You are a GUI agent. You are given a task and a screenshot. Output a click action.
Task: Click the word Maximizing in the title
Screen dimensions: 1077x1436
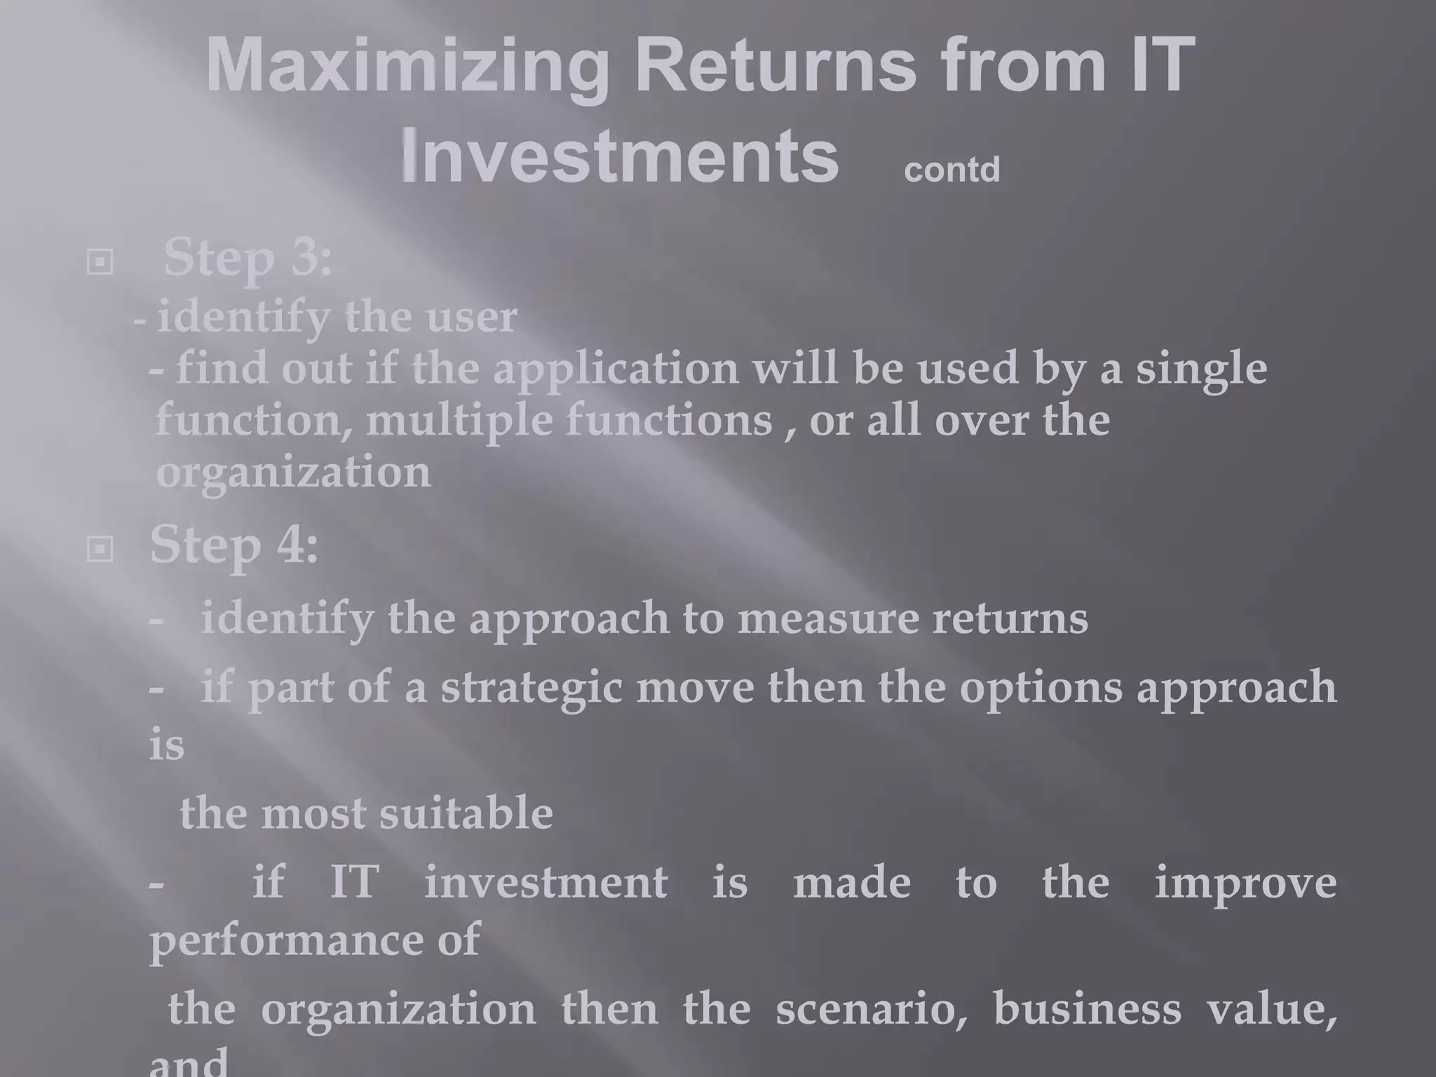(x=407, y=67)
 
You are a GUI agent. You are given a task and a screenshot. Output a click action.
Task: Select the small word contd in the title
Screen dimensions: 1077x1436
(x=951, y=170)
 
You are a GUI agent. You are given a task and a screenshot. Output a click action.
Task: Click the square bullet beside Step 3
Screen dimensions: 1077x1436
(x=100, y=262)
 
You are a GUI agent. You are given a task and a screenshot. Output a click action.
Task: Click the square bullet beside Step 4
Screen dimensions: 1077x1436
(x=100, y=549)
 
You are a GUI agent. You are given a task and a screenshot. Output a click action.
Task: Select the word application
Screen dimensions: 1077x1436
(x=616, y=370)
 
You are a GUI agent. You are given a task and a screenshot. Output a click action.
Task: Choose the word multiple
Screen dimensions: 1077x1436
(x=459, y=421)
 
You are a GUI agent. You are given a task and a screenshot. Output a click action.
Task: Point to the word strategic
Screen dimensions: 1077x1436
(x=531, y=687)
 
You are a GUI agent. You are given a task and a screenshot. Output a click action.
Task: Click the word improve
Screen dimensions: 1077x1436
(x=1245, y=883)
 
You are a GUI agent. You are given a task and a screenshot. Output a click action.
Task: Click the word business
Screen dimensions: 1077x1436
(x=1087, y=1009)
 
